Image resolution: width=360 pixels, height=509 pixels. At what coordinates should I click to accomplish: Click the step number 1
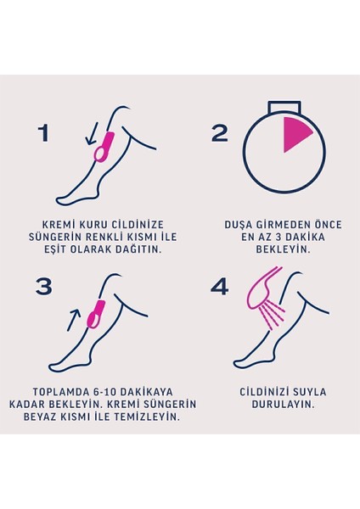(x=44, y=133)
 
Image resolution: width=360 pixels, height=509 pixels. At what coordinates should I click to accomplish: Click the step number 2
(x=220, y=133)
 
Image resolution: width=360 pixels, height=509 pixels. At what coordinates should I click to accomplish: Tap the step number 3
(x=44, y=286)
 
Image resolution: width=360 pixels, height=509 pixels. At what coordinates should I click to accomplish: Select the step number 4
(x=220, y=286)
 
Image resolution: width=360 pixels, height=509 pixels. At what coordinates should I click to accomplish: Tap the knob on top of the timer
(x=284, y=108)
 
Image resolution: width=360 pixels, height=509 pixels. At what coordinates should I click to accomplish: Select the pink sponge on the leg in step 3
(x=94, y=313)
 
